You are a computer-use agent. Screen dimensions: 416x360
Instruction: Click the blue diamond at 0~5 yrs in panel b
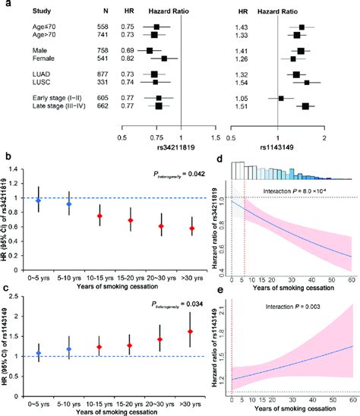point(37,200)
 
